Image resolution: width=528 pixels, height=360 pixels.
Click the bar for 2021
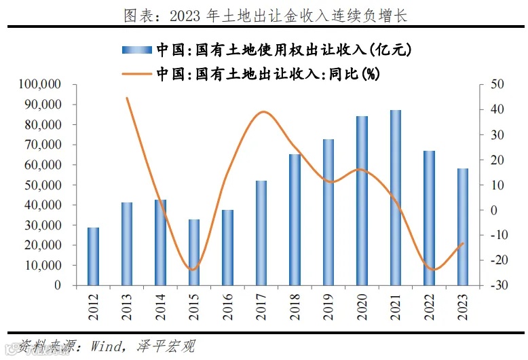pos(396,198)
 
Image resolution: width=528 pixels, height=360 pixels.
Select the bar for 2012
pos(94,256)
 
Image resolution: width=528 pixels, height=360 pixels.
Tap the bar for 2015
pos(194,252)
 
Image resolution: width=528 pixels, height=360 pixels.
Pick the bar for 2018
pos(295,219)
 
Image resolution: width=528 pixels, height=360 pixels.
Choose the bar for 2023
pos(462,227)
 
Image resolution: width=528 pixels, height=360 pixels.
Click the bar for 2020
pos(362,200)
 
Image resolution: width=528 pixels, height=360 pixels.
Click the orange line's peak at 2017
pos(263,112)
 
